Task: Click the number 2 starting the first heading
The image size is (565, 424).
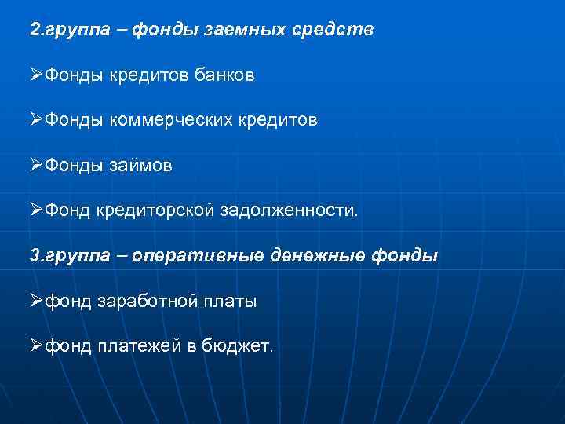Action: point(34,31)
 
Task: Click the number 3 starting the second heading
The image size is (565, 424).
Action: point(34,255)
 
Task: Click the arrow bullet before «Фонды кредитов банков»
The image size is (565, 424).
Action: point(36,76)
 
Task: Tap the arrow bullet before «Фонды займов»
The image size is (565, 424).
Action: point(36,166)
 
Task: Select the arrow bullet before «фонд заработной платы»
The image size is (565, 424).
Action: point(36,301)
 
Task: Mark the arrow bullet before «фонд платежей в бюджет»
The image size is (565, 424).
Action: point(36,345)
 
